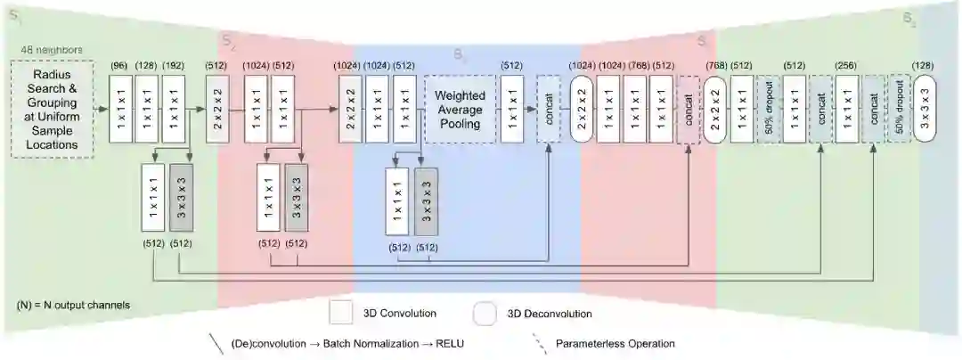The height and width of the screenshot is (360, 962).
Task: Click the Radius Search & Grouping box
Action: coord(53,109)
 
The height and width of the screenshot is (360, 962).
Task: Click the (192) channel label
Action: coord(173,65)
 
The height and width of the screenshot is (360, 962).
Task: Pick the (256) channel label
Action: coord(847,65)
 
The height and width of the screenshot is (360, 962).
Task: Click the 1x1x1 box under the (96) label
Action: coord(119,109)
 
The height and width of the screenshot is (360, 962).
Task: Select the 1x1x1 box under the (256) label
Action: coord(847,109)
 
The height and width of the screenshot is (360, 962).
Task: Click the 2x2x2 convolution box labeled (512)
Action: coord(217,109)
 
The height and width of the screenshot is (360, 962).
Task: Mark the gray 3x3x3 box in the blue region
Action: coord(427,202)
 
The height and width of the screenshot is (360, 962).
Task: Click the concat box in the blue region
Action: coord(548,109)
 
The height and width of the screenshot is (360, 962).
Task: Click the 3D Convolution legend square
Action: coord(341,313)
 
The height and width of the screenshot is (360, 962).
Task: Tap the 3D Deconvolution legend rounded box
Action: coord(485,313)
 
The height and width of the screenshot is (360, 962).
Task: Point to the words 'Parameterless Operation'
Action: coord(615,343)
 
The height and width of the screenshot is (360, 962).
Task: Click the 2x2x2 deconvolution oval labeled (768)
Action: coord(715,109)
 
